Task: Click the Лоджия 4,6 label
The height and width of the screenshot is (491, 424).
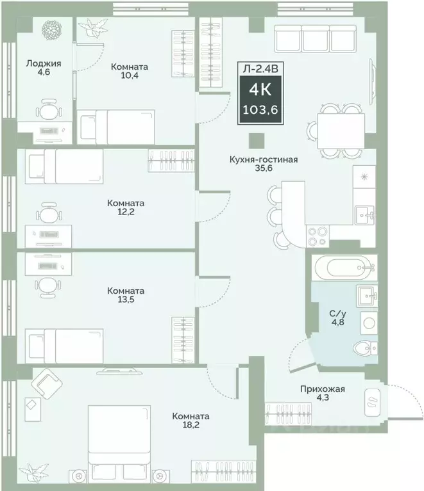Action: click(44, 68)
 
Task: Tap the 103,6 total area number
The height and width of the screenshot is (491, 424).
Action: click(260, 110)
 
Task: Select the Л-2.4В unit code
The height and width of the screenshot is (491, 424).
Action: click(260, 68)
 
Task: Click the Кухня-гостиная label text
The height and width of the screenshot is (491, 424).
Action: click(264, 159)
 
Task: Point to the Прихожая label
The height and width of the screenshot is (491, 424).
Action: click(322, 389)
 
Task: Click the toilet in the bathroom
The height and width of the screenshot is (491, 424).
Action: click(365, 348)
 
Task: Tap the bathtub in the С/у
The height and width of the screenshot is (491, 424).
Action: click(344, 268)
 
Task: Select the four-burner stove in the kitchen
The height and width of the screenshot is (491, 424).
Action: click(318, 236)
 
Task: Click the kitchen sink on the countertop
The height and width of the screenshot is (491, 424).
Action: click(365, 215)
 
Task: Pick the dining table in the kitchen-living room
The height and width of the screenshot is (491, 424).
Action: click(341, 131)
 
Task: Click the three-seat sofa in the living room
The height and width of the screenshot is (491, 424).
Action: click(315, 38)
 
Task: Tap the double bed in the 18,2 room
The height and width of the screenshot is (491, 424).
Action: click(119, 442)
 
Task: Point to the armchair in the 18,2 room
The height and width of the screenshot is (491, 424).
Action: click(46, 384)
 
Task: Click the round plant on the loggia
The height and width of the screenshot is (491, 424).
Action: click(52, 30)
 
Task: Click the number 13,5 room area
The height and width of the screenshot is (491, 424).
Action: click(126, 300)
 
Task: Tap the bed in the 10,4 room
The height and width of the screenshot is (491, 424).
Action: click(116, 127)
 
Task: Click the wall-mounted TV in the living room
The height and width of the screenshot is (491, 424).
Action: click(373, 82)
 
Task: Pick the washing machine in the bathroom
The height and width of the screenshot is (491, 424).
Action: click(369, 323)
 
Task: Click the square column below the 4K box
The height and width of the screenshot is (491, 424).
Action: click(257, 141)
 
